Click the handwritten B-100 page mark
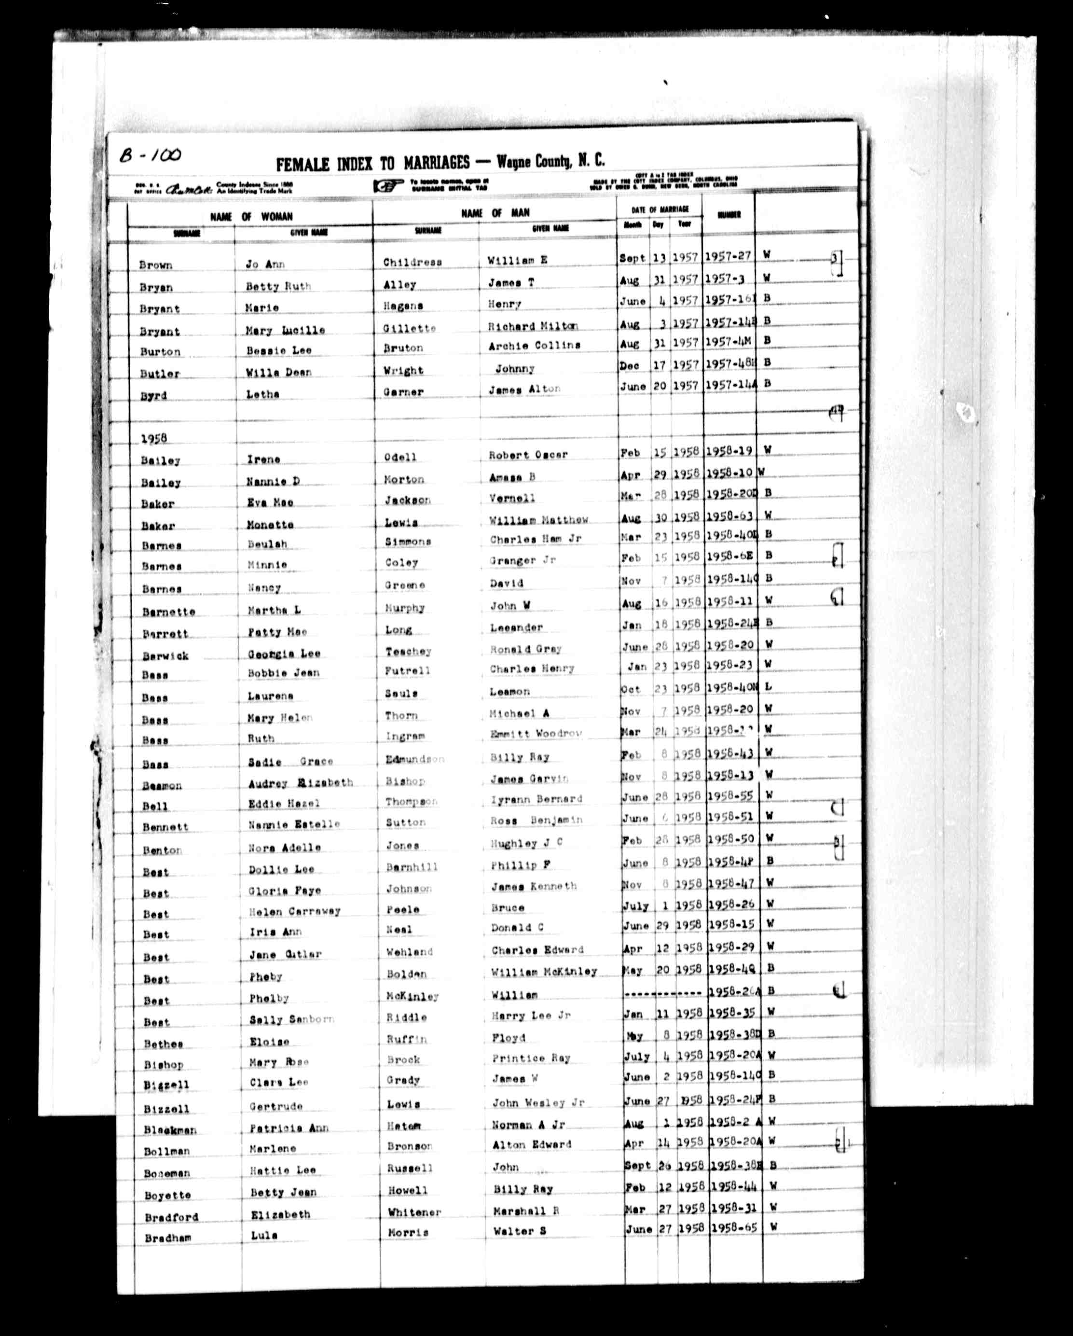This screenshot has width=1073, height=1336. pyautogui.click(x=150, y=154)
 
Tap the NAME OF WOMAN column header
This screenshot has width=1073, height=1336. pyautogui.click(x=251, y=217)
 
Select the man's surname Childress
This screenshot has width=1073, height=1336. pyautogui.click(x=412, y=262)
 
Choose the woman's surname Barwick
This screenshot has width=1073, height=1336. pyautogui.click(x=165, y=655)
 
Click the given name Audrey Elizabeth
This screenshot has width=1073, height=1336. pyautogui.click(x=301, y=783)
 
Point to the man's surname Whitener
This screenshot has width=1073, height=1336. pyautogui.click(x=414, y=1211)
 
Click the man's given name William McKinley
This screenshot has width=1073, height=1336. pyautogui.click(x=544, y=972)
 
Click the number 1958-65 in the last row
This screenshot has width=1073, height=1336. pyautogui.click(x=734, y=1227)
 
